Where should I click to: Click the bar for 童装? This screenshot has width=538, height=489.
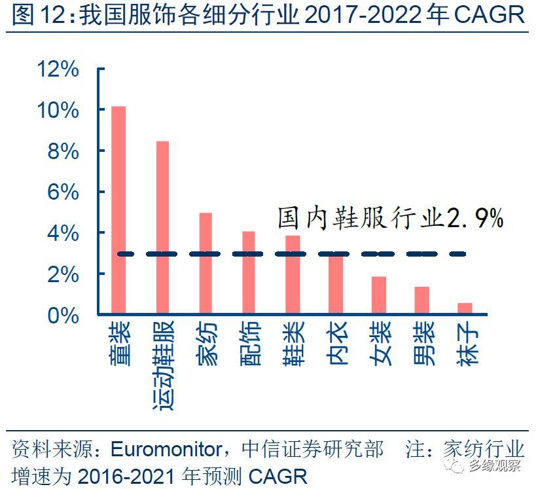(x=118, y=209)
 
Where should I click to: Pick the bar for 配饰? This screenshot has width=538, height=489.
(x=249, y=272)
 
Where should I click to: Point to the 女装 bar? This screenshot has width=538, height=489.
(x=378, y=295)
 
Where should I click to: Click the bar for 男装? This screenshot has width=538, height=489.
(x=421, y=300)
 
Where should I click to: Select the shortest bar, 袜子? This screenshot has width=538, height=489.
(x=465, y=308)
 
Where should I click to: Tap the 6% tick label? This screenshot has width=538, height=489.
(x=65, y=192)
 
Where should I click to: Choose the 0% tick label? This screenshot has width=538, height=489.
(x=65, y=315)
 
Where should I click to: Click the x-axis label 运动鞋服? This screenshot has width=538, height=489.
(x=162, y=367)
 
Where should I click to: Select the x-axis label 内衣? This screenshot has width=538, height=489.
(x=335, y=344)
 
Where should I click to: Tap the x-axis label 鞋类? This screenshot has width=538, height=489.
(x=292, y=344)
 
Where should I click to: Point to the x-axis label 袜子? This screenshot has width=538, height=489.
(x=465, y=344)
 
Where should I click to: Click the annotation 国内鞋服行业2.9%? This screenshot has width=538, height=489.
(x=390, y=218)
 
